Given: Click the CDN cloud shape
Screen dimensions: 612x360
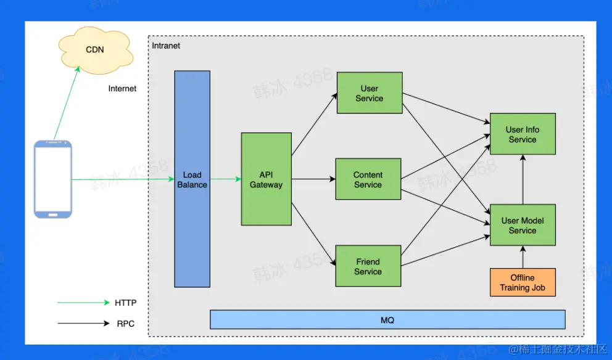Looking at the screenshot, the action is (x=95, y=50).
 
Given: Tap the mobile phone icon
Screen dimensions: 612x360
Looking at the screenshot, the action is (x=52, y=179).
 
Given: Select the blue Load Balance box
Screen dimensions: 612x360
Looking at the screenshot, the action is (x=192, y=179).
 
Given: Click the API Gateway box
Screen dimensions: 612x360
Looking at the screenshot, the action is (x=266, y=179).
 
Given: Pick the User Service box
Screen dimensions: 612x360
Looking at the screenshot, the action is (x=370, y=93).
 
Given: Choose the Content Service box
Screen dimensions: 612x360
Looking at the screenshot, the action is (x=368, y=179).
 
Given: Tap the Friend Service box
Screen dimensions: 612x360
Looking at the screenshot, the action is (x=368, y=266).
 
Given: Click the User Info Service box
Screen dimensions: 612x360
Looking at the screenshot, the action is (x=523, y=134).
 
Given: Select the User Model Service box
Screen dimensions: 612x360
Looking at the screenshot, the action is (x=523, y=225).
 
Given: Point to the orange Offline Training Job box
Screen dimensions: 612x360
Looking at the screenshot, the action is (x=523, y=282).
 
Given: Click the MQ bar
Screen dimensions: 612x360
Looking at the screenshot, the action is (x=387, y=320).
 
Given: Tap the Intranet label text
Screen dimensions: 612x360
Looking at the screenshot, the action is (x=166, y=46).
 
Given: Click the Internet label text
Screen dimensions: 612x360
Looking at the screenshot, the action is (x=122, y=89).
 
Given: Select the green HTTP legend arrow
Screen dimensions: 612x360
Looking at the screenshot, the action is (x=83, y=302).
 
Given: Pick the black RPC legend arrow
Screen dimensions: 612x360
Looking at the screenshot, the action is (x=83, y=323).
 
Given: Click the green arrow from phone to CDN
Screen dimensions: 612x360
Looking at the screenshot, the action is (x=67, y=103).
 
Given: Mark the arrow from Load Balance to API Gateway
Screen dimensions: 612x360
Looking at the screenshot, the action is (x=226, y=179).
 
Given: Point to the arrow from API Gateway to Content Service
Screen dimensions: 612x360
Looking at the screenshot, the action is (x=313, y=179).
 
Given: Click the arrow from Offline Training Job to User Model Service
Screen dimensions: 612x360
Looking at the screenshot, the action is (x=523, y=257).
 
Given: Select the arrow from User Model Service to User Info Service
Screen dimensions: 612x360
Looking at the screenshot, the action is (x=523, y=179).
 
